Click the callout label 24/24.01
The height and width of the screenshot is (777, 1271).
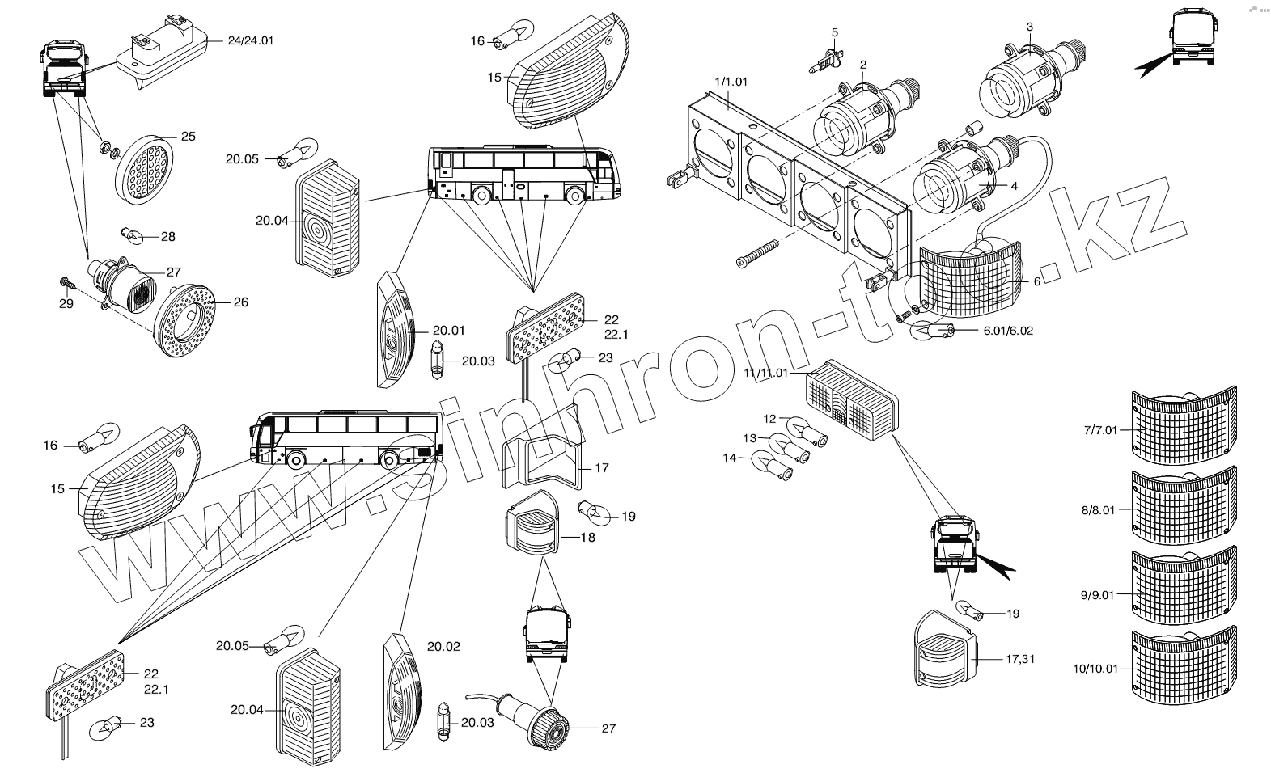(x=251, y=40)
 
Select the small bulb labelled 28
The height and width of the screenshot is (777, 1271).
(x=132, y=236)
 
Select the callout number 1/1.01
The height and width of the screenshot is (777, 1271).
(x=731, y=81)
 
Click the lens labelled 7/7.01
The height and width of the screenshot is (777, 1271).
(x=1183, y=426)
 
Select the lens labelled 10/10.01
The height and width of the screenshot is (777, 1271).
(x=1183, y=664)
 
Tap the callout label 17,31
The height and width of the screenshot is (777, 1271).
(x=1019, y=659)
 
